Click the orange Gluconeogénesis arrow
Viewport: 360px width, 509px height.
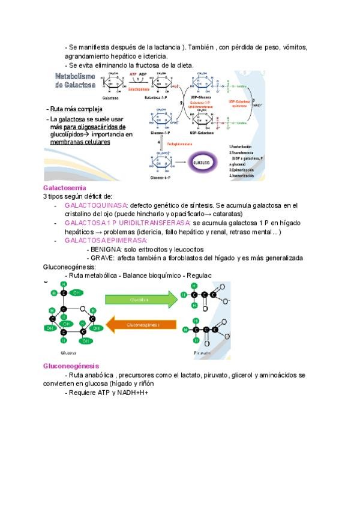[142, 324]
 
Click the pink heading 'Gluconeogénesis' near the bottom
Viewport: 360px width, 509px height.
[71, 366]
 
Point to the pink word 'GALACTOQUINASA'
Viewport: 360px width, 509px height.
[96, 205]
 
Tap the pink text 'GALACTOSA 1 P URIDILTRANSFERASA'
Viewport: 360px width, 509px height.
[128, 223]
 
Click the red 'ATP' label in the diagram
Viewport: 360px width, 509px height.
[134, 74]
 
